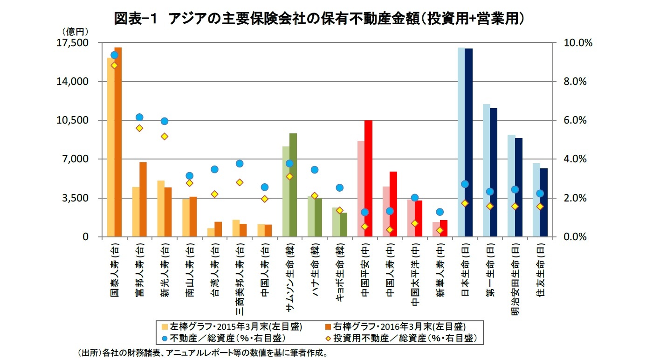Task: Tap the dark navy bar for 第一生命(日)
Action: [x=494, y=173]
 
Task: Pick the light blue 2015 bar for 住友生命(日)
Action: [x=536, y=200]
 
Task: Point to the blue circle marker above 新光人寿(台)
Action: [x=164, y=121]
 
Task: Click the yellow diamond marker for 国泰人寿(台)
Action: [x=114, y=65]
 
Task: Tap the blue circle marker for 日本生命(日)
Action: [x=465, y=184]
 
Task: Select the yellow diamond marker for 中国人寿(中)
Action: [x=390, y=229]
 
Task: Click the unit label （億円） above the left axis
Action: [x=75, y=31]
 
